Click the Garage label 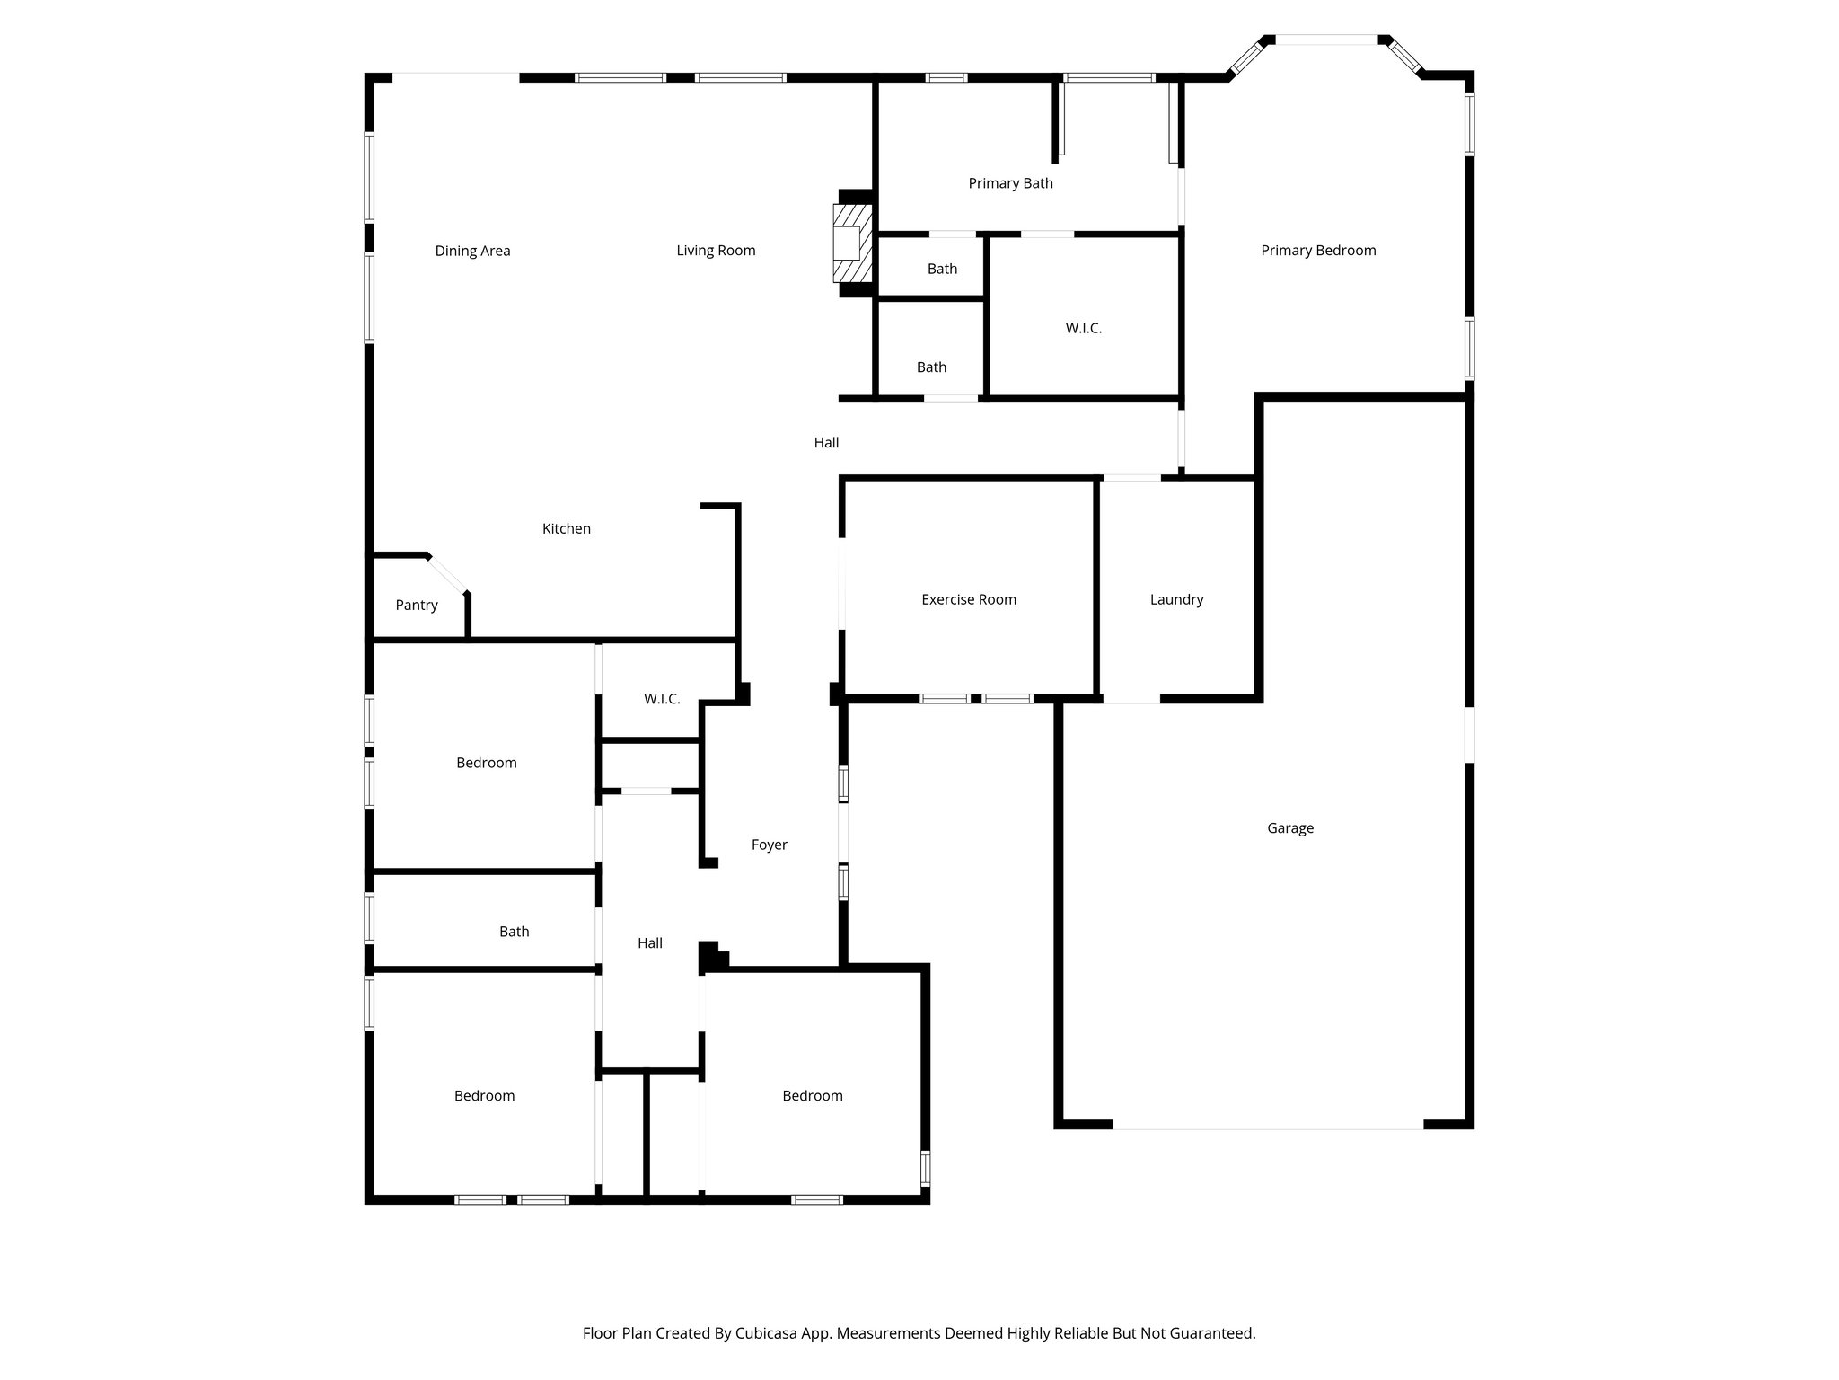pyautogui.click(x=1289, y=828)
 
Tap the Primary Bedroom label pyautogui.click(x=1317, y=251)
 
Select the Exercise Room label pyautogui.click(x=968, y=599)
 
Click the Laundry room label pyautogui.click(x=1175, y=599)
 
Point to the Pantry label pyautogui.click(x=417, y=606)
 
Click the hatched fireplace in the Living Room pyautogui.click(x=852, y=243)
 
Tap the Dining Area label pyautogui.click(x=472, y=251)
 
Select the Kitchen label pyautogui.click(x=566, y=529)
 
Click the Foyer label pyautogui.click(x=769, y=845)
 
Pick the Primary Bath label pyautogui.click(x=1010, y=183)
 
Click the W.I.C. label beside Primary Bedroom pyautogui.click(x=1083, y=329)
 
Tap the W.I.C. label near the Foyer pyautogui.click(x=662, y=699)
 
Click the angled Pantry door pyautogui.click(x=447, y=574)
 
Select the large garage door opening pyautogui.click(x=1267, y=1127)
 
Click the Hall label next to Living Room pyautogui.click(x=826, y=443)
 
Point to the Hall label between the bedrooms pyautogui.click(x=649, y=943)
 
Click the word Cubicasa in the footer pyautogui.click(x=769, y=1333)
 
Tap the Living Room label pyautogui.click(x=716, y=251)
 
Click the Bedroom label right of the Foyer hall pyautogui.click(x=812, y=1096)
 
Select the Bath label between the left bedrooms pyautogui.click(x=514, y=932)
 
